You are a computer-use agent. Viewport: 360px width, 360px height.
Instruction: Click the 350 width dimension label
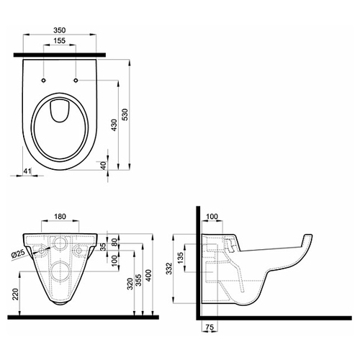[x=59, y=30]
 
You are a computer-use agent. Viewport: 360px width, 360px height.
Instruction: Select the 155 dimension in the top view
[x=59, y=40]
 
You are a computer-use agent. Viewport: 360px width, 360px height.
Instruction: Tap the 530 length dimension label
[x=125, y=114]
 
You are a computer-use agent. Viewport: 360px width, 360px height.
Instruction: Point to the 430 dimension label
[x=114, y=125]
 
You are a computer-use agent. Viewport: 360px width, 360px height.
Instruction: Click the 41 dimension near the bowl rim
[x=27, y=171]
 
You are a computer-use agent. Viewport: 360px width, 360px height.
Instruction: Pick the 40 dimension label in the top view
[x=103, y=166]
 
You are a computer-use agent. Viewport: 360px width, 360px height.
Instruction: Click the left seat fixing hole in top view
[x=44, y=80]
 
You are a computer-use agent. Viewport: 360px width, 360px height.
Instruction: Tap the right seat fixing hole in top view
[x=76, y=80]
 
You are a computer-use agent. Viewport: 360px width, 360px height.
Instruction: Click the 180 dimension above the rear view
[x=60, y=217]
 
